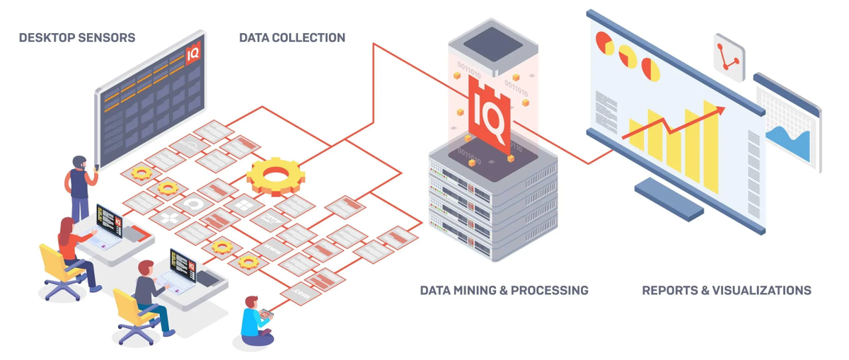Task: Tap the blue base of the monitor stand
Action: (669, 198)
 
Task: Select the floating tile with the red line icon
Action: (729, 57)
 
